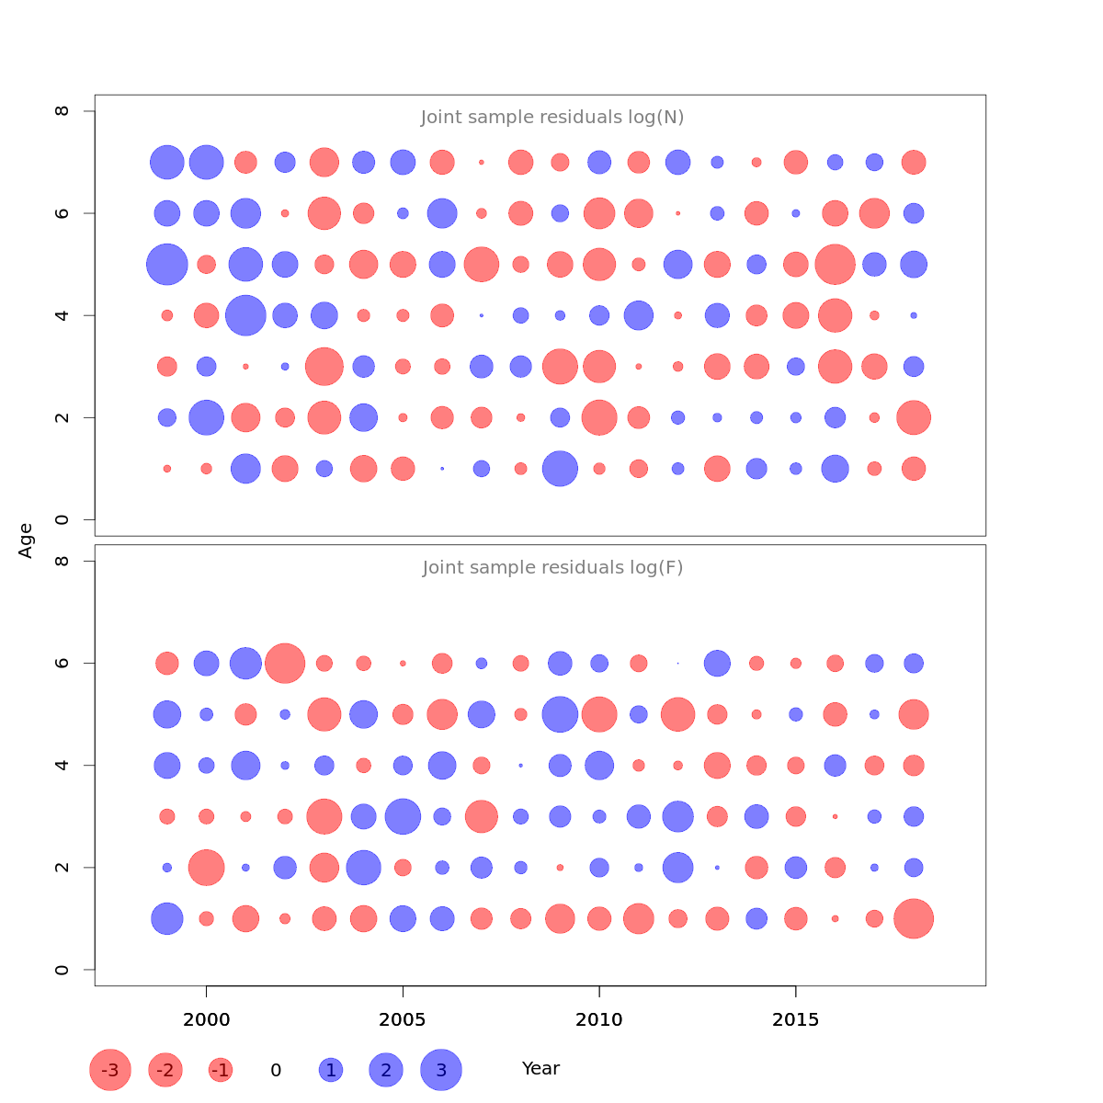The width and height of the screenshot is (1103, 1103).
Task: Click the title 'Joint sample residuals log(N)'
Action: (552, 118)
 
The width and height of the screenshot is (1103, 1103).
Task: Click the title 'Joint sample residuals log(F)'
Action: (552, 568)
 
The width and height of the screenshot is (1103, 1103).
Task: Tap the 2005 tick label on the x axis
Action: (403, 1019)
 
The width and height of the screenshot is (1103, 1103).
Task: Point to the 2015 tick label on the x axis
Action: (795, 1019)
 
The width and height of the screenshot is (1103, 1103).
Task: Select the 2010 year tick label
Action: (599, 1019)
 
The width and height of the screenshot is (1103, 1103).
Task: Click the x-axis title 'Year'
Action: (540, 1069)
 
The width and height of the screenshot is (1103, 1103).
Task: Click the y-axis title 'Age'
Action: (26, 540)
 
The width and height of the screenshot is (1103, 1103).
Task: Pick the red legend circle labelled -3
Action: (110, 1070)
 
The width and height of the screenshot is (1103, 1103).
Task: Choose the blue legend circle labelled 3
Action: (441, 1070)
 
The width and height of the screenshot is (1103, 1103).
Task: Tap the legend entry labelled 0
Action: (276, 1070)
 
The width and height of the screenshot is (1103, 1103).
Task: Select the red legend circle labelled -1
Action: (221, 1070)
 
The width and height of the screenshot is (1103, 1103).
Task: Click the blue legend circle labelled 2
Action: (386, 1070)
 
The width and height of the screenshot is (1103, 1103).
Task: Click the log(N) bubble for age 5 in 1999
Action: (167, 265)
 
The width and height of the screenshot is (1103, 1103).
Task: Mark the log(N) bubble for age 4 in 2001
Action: (245, 316)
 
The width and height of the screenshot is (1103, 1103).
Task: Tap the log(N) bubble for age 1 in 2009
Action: (560, 469)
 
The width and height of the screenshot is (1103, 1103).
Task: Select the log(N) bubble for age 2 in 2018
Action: (914, 417)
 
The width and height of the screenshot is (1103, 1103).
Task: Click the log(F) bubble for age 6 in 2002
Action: (285, 663)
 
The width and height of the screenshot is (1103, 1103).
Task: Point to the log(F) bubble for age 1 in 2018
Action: (914, 918)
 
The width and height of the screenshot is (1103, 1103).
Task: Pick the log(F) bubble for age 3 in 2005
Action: (403, 816)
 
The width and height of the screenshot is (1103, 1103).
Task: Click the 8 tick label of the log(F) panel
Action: (63, 561)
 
